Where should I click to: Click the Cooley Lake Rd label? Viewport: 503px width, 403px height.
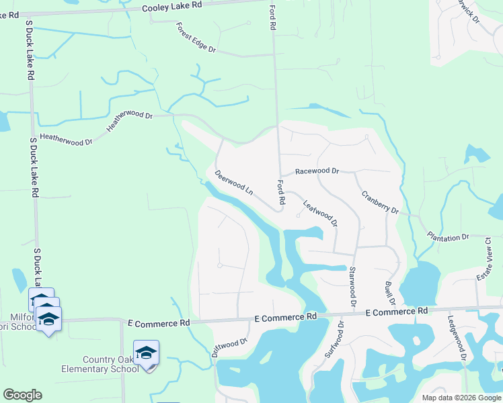(171, 5)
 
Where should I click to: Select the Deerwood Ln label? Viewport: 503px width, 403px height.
(233, 182)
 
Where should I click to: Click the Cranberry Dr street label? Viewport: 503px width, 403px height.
(380, 202)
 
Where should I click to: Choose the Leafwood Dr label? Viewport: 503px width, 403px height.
(319, 212)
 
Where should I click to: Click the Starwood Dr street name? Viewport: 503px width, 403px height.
(352, 288)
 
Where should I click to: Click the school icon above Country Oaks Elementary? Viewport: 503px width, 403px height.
(146, 352)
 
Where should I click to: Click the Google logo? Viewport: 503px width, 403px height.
(22, 395)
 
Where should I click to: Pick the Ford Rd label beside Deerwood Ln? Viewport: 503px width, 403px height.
(280, 193)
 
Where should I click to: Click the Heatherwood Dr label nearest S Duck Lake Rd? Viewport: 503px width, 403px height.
(66, 138)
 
